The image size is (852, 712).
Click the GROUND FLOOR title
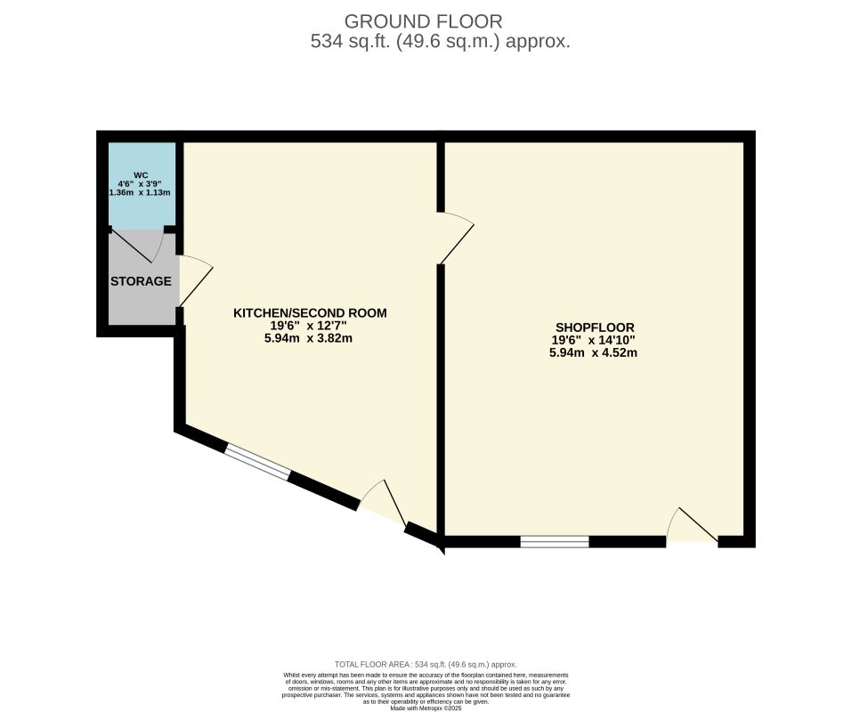click(423, 20)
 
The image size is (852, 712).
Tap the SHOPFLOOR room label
click(593, 328)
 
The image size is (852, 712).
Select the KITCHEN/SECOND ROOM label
click(310, 313)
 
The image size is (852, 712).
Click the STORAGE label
click(141, 281)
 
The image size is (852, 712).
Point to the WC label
click(141, 174)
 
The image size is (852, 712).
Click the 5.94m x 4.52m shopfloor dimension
click(593, 352)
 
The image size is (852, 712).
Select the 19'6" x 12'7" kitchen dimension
click(310, 326)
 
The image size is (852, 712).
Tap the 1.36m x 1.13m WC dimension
click(141, 192)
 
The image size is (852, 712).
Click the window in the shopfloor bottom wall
click(555, 541)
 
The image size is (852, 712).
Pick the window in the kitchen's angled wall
click(256, 463)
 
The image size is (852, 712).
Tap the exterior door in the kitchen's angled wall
click(383, 507)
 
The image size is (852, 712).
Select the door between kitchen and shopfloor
click(456, 239)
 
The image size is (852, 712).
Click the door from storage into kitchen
click(194, 280)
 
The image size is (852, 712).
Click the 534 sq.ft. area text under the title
click(440, 41)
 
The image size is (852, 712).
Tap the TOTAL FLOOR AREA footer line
click(426, 664)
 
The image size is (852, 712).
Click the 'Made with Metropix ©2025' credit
click(426, 708)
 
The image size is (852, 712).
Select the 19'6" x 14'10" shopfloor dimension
click(593, 340)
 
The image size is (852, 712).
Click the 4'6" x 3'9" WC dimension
click(141, 183)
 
